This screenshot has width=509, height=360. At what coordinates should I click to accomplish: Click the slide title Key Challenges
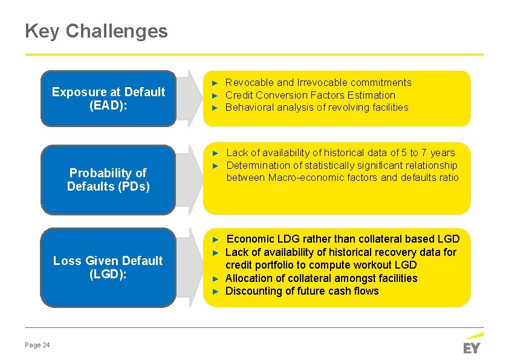tap(96, 31)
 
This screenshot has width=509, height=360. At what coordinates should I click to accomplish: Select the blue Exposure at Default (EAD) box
tap(108, 99)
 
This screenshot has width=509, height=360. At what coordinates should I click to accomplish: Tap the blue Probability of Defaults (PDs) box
tap(108, 180)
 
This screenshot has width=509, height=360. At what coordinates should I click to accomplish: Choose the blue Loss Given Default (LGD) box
tap(108, 267)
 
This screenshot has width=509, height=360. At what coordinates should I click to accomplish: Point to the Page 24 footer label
tap(37, 345)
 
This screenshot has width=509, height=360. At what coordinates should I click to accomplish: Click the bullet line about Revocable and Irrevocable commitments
tap(318, 82)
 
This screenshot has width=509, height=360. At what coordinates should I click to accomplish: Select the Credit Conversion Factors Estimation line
tap(310, 95)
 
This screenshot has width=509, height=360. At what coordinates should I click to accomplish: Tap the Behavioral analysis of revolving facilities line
tap(317, 108)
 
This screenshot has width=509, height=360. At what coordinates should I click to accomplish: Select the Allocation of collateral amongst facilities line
tap(321, 278)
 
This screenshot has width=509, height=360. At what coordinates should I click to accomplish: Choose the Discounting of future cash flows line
tap(302, 291)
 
